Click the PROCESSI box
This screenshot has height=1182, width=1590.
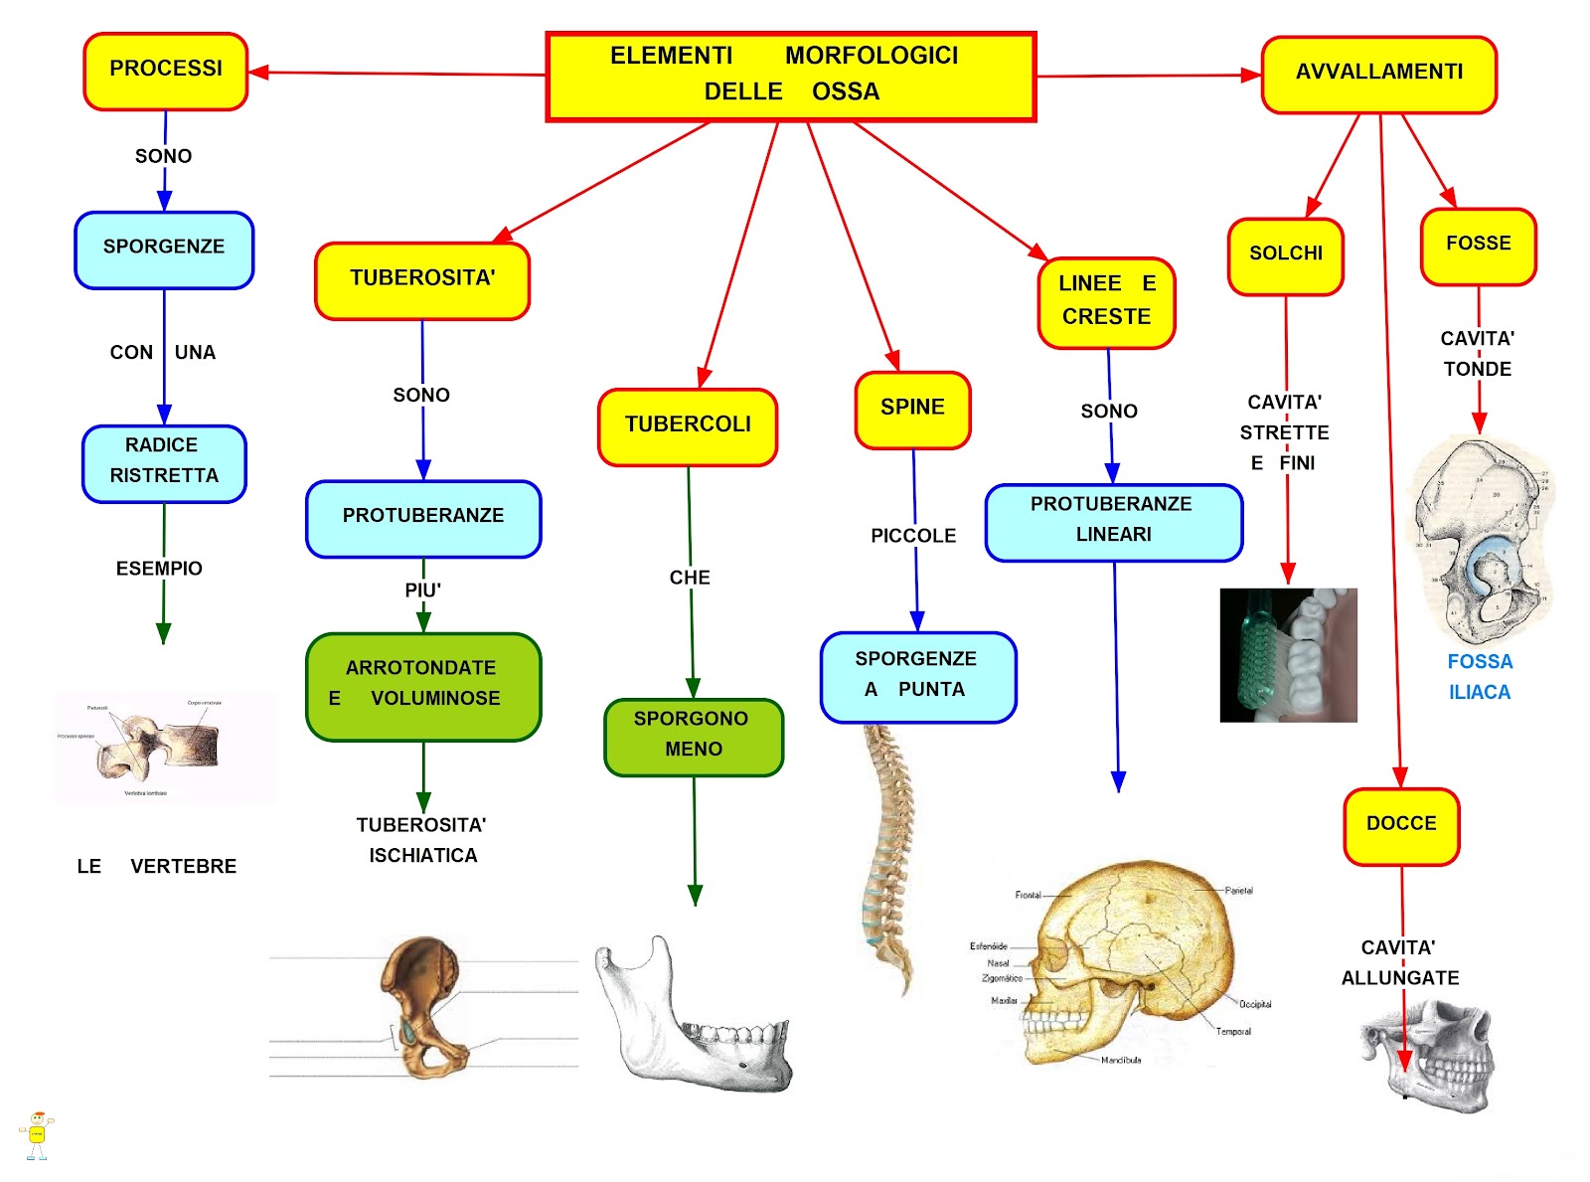click(166, 71)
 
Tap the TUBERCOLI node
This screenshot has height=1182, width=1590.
click(688, 426)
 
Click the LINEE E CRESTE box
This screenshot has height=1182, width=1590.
click(1106, 302)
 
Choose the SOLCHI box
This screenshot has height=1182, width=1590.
click(1286, 255)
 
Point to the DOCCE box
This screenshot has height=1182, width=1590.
click(1401, 826)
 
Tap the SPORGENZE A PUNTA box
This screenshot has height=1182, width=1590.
click(917, 676)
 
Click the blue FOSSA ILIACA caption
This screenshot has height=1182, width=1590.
click(1480, 677)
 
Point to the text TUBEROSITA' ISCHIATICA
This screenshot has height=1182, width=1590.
click(422, 840)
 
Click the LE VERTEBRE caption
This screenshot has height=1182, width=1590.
click(157, 866)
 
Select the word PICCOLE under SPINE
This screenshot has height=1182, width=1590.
click(913, 536)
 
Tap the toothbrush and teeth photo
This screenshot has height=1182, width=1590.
click(1288, 654)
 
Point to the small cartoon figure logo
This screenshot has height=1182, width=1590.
click(37, 1135)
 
